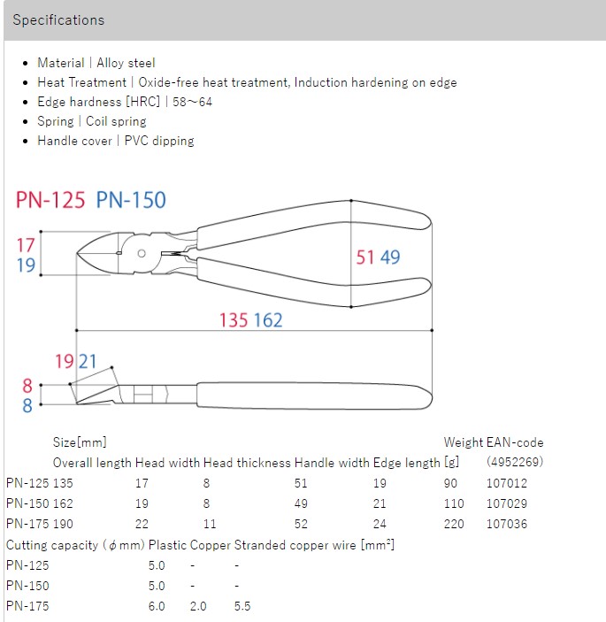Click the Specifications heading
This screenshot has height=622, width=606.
[58, 19]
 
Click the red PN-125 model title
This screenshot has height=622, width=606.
[50, 200]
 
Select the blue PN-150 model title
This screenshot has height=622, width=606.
[131, 200]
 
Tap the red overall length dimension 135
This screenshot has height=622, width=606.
[234, 319]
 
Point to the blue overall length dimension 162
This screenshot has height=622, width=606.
[268, 319]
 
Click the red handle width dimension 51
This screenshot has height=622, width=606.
[365, 257]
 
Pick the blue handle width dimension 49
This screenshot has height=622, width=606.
[390, 257]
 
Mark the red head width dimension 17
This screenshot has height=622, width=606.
[26, 245]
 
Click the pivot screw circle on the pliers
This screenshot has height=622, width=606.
[142, 253]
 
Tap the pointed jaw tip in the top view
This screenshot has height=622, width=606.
[80, 256]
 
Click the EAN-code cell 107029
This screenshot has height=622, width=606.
[507, 503]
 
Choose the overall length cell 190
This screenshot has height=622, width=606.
[65, 523]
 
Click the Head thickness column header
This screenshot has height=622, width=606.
[247, 462]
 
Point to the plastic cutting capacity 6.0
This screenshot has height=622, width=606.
[157, 606]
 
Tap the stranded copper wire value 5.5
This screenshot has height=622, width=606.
[243, 606]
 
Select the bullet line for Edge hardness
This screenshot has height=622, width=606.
[125, 102]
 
